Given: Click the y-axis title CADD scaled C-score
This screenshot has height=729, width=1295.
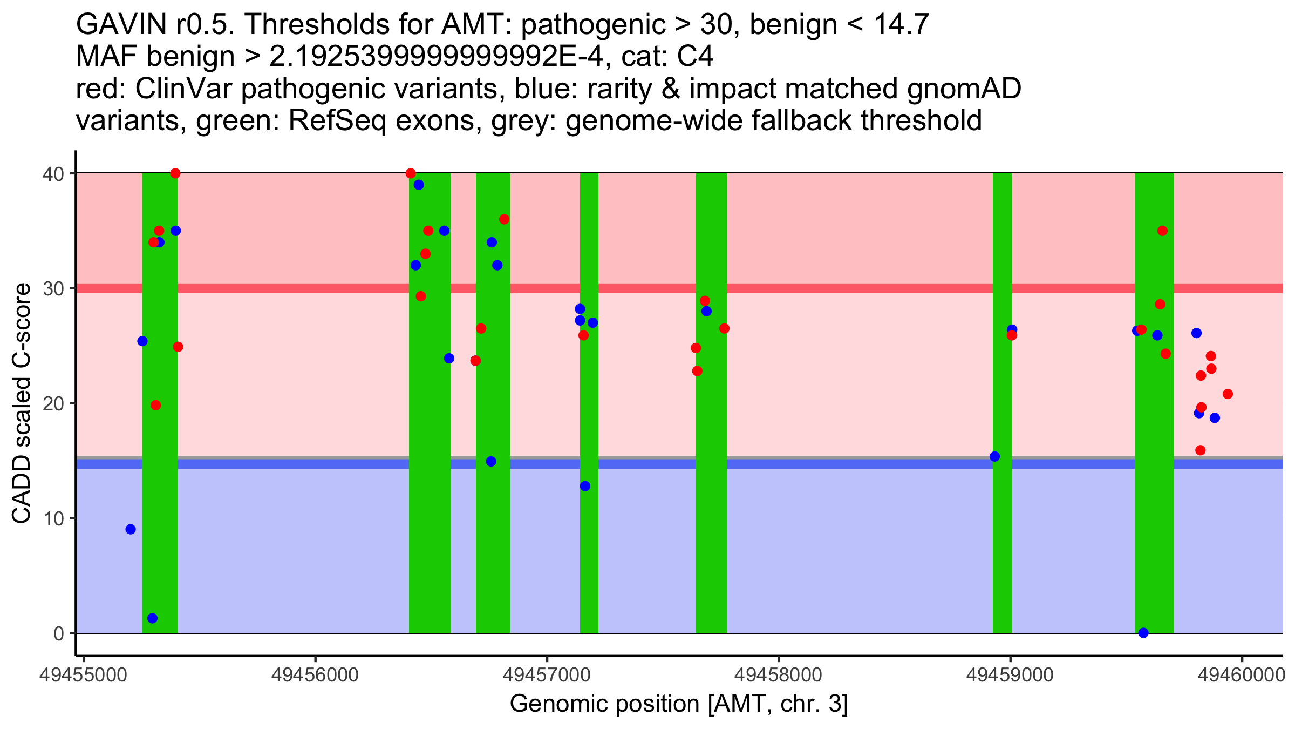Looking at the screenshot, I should pyautogui.click(x=22, y=404).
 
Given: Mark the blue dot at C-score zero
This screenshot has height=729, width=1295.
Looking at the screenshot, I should pyautogui.click(x=1143, y=633).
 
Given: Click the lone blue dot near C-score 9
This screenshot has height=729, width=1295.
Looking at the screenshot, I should pyautogui.click(x=131, y=529).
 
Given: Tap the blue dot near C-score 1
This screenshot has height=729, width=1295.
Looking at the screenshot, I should pyautogui.click(x=152, y=618).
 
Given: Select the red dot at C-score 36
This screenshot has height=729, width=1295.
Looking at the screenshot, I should pyautogui.click(x=504, y=219).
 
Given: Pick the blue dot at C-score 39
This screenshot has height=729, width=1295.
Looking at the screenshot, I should pyautogui.click(x=419, y=185).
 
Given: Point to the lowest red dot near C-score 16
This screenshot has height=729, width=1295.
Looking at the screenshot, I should pyautogui.click(x=1201, y=450).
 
